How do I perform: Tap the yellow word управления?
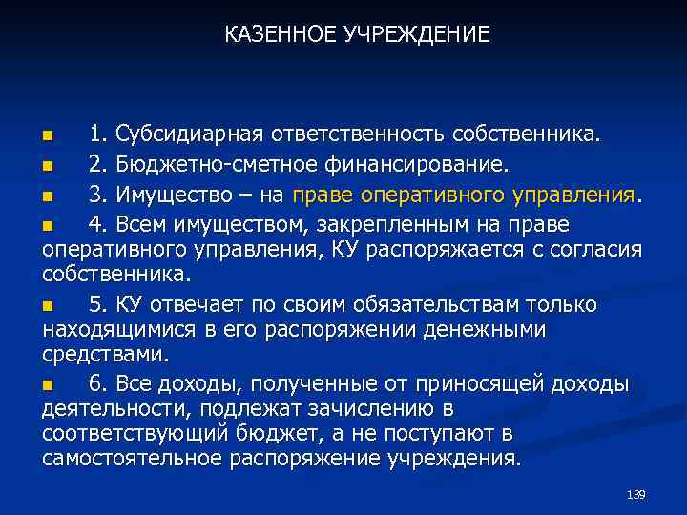point(577,196)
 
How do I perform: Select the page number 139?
point(635,494)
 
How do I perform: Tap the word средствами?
point(104,355)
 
